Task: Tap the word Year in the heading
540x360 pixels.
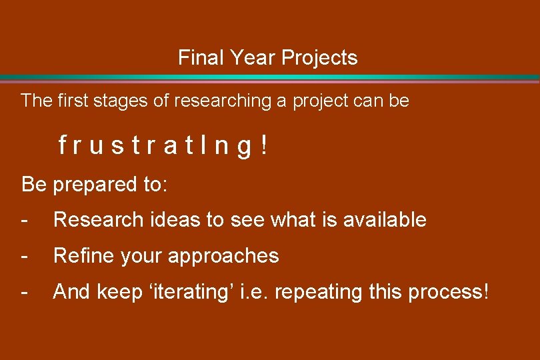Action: pos(254,58)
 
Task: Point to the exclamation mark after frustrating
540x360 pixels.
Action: pos(265,145)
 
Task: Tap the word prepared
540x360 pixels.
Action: pos(94,185)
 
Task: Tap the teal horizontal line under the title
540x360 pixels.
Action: pos(269,78)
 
